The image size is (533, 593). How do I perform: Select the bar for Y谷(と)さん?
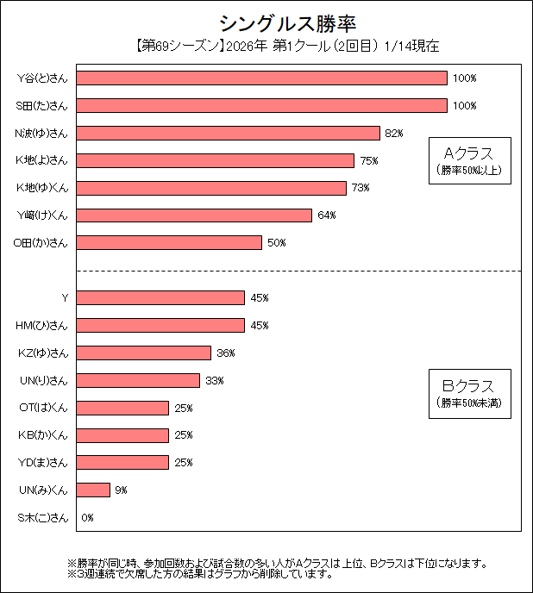(x=261, y=78)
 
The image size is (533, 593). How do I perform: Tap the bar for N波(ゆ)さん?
(x=228, y=133)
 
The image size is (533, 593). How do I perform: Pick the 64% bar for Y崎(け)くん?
(x=194, y=215)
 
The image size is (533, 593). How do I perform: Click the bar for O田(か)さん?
(x=169, y=243)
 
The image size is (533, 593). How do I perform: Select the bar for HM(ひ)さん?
(x=160, y=325)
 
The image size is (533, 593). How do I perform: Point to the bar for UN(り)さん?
(x=138, y=380)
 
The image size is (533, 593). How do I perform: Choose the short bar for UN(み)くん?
(x=93, y=490)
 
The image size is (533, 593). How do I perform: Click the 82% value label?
(x=394, y=134)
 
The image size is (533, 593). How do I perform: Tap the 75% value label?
(x=368, y=161)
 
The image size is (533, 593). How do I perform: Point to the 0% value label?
(x=87, y=518)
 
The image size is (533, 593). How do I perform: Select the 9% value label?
(x=121, y=490)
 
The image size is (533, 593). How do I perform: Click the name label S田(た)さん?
(x=41, y=106)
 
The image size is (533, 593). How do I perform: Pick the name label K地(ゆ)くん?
(x=41, y=188)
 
